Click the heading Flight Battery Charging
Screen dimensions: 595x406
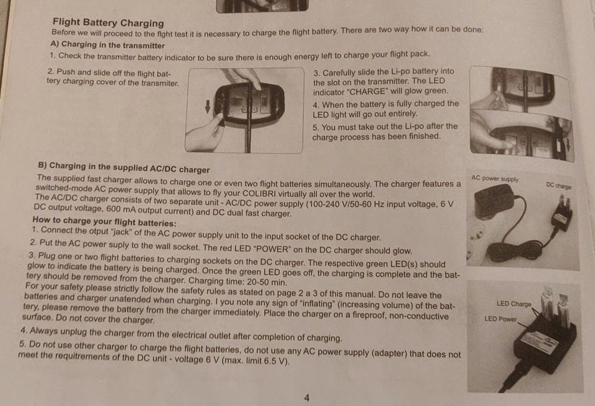pyautogui.click(x=108, y=22)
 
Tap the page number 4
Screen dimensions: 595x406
pyautogui.click(x=307, y=398)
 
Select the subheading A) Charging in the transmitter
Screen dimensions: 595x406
pyautogui.click(x=107, y=45)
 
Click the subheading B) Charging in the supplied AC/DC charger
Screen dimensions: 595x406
pyautogui.click(x=124, y=167)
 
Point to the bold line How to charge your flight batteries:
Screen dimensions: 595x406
pyautogui.click(x=104, y=221)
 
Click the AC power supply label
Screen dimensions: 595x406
pyautogui.click(x=495, y=179)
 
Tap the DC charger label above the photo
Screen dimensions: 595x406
pyautogui.click(x=558, y=185)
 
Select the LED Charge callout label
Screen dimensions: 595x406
pyautogui.click(x=514, y=304)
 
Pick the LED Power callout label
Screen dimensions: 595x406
pyautogui.click(x=501, y=319)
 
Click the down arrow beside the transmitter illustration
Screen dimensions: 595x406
pyautogui.click(x=208, y=106)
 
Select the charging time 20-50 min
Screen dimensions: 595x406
pyautogui.click(x=267, y=282)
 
